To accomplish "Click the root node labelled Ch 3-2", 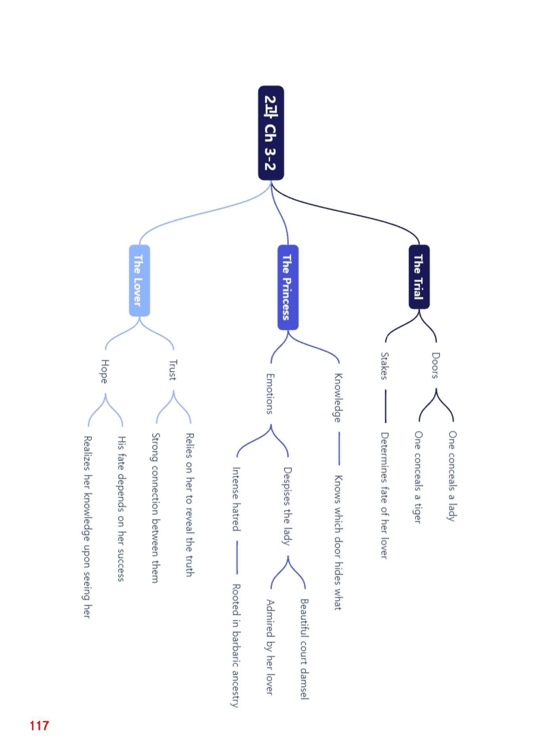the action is click(271, 133).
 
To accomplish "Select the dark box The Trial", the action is click(419, 277).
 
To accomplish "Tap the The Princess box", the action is click(288, 287).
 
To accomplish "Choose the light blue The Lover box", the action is click(139, 280).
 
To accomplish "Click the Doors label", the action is click(436, 366).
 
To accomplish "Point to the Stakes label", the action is click(385, 366).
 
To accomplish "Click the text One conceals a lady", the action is click(453, 476).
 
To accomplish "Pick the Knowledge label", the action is click(338, 398).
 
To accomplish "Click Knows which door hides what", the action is click(338, 543).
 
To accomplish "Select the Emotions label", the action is click(270, 394).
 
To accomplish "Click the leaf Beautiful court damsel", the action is click(304, 649).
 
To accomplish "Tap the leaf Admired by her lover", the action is click(270, 647).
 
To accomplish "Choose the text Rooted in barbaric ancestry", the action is click(236, 645).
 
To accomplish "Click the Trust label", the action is click(173, 370).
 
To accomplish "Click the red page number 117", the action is click(39, 725).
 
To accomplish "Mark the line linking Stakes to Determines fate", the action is click(385, 406).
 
